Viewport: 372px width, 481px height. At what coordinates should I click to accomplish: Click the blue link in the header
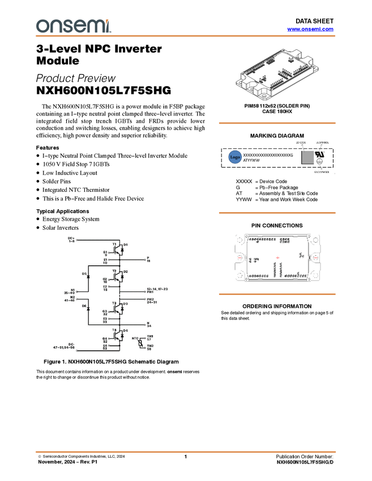(310, 29)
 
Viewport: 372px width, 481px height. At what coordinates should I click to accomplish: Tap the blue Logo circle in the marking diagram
(235, 157)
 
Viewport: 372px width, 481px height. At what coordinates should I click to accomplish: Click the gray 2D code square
(307, 157)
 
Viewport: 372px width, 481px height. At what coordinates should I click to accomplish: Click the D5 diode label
(84, 273)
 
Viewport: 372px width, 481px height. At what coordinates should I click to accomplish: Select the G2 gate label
(105, 279)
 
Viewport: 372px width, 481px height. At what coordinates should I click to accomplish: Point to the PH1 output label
(149, 292)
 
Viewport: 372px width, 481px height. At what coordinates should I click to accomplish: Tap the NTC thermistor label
(135, 338)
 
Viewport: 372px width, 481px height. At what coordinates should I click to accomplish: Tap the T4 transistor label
(114, 330)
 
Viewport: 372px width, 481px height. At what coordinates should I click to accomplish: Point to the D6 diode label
(84, 306)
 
